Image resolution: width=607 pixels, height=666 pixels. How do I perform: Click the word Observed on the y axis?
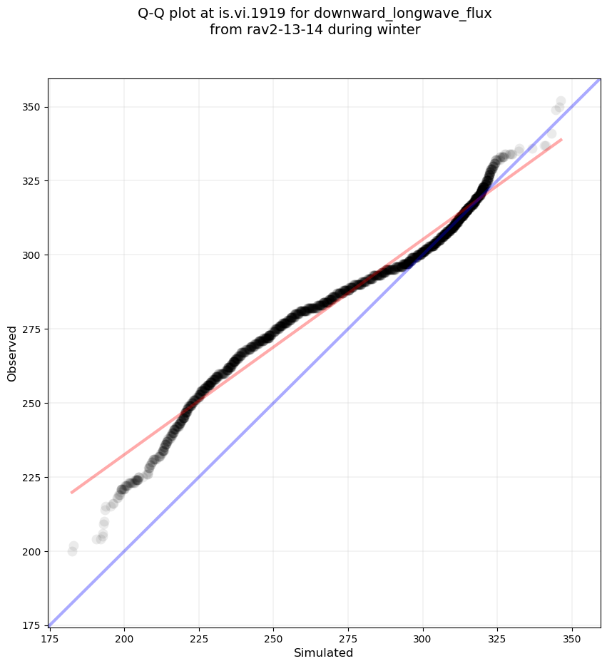[12, 354]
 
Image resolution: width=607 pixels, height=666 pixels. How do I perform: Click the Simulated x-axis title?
[324, 652]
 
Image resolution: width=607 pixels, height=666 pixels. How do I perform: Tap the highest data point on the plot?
[561, 101]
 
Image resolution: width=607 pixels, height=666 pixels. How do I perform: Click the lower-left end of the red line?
[71, 492]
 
